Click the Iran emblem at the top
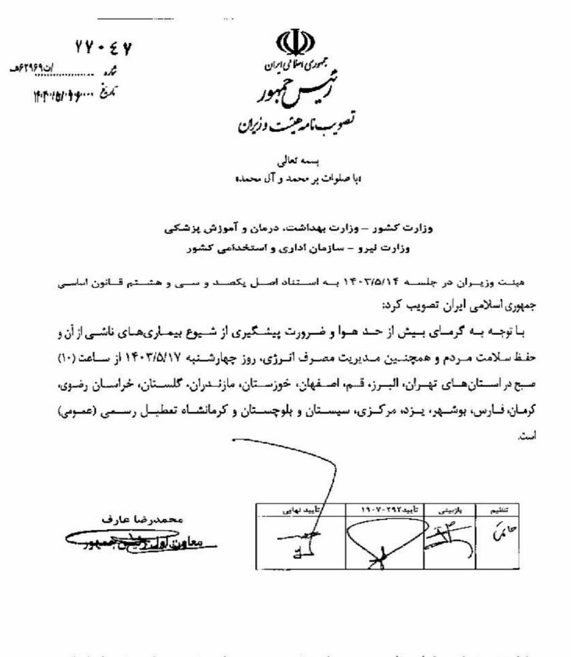pyautogui.click(x=286, y=45)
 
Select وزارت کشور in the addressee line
pyautogui.click(x=421, y=231)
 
